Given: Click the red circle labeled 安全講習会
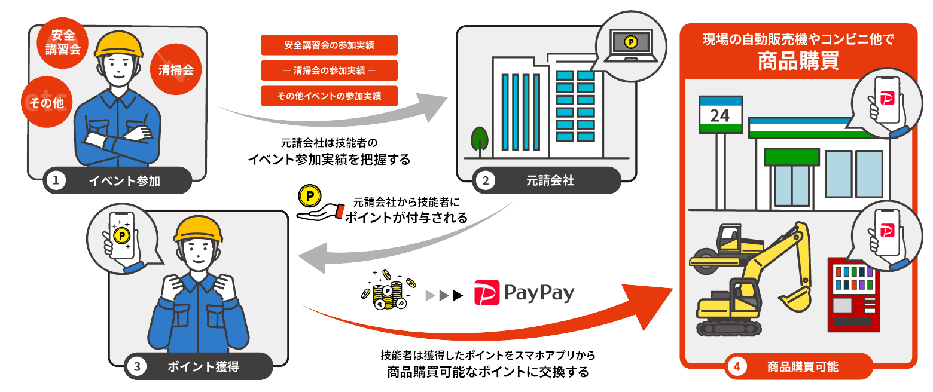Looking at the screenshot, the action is pos(62,43).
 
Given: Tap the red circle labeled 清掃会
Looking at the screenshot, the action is pos(176,69).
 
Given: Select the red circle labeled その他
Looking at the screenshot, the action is pos(47,102).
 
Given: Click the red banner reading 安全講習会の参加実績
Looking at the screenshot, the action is pos(329,45).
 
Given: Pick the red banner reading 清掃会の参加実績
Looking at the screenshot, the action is pos(329,71).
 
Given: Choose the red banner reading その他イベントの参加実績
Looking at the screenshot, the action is pos(329,96).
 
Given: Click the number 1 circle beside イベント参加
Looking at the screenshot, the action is pos(56,180).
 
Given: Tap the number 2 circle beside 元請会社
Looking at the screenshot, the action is pos(485,180).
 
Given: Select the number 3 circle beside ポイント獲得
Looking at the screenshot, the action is pos(136,367).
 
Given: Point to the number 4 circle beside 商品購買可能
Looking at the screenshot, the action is pos(737,367).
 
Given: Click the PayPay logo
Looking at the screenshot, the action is pos(524,293).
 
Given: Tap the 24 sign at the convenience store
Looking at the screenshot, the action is pos(721,115).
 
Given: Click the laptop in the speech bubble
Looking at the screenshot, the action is pos(630,45).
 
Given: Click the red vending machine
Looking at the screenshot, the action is pos(853,295).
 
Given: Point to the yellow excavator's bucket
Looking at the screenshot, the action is pos(795,299).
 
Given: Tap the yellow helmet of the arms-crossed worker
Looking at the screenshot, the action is pos(118,45).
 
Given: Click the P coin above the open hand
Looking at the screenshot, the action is pos(309,196).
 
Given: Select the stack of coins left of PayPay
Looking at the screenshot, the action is pos(388,290).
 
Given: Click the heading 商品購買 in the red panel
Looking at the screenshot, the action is pos(798,61).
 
